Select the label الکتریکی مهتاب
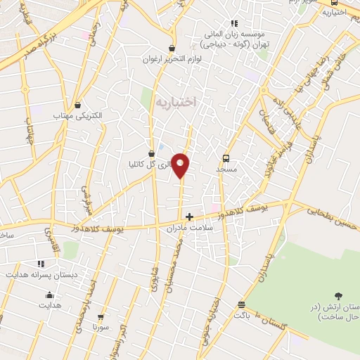click(78, 115)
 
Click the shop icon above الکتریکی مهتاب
click(78, 105)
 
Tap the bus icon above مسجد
click(226, 158)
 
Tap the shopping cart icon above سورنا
click(101, 317)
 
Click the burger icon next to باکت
click(241, 305)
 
